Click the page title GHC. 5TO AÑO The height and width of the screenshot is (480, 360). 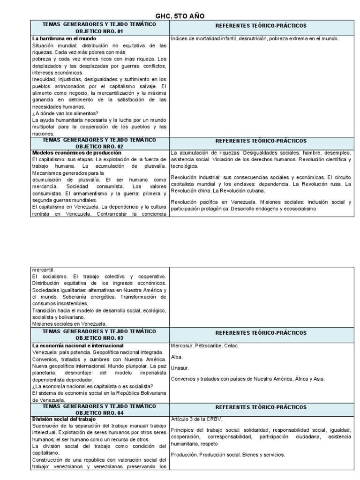pos(180,16)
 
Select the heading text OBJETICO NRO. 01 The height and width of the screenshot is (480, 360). pos(99,31)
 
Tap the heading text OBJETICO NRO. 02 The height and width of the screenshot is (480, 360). pos(99,146)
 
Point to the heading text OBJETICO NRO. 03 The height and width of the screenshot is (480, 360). pos(99,338)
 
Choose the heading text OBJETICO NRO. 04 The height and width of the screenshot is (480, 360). pos(99,413)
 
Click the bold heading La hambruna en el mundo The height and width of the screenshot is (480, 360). pos(64,38)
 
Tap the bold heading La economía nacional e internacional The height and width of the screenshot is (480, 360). pos(78,345)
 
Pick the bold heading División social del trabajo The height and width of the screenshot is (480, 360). pos(64,419)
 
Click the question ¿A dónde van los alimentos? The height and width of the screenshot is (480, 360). pos(65,113)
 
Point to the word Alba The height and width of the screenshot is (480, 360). pos(177,357)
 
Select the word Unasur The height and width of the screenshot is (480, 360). pos(180,368)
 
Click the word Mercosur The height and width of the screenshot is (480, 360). pos(182,345)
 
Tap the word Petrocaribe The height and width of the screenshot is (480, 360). pos(210,345)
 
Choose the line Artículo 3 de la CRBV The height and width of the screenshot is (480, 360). pos(196,419)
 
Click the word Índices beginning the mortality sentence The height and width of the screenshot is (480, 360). pos(180,38)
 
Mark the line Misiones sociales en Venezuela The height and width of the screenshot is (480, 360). pos(69,323)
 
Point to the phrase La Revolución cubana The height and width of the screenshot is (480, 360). pos(239,191)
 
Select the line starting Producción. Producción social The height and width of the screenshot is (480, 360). pos(228,455)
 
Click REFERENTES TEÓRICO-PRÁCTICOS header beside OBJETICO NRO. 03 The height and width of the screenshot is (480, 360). pos(261,332)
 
